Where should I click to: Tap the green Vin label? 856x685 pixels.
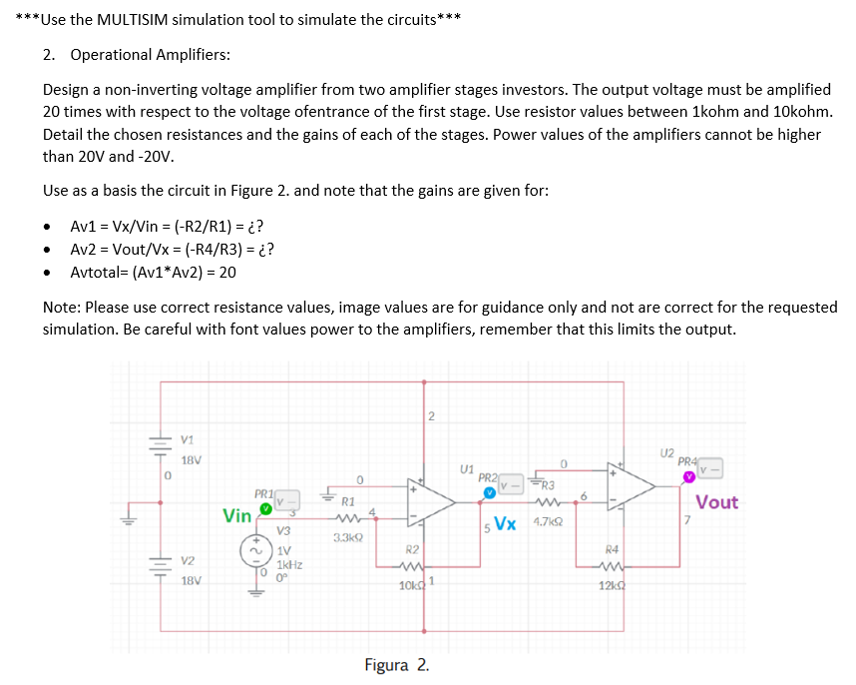pyautogui.click(x=237, y=516)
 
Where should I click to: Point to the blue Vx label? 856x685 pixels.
pyautogui.click(x=506, y=524)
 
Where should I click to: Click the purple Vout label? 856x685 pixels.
pyautogui.click(x=716, y=502)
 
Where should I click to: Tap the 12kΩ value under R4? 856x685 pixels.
pyautogui.click(x=611, y=584)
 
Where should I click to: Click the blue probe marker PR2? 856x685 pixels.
pyautogui.click(x=489, y=492)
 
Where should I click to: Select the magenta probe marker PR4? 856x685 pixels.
pyautogui.click(x=688, y=476)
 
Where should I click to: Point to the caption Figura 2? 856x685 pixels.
pyautogui.click(x=397, y=665)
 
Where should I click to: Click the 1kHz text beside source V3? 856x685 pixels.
pyautogui.click(x=291, y=564)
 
